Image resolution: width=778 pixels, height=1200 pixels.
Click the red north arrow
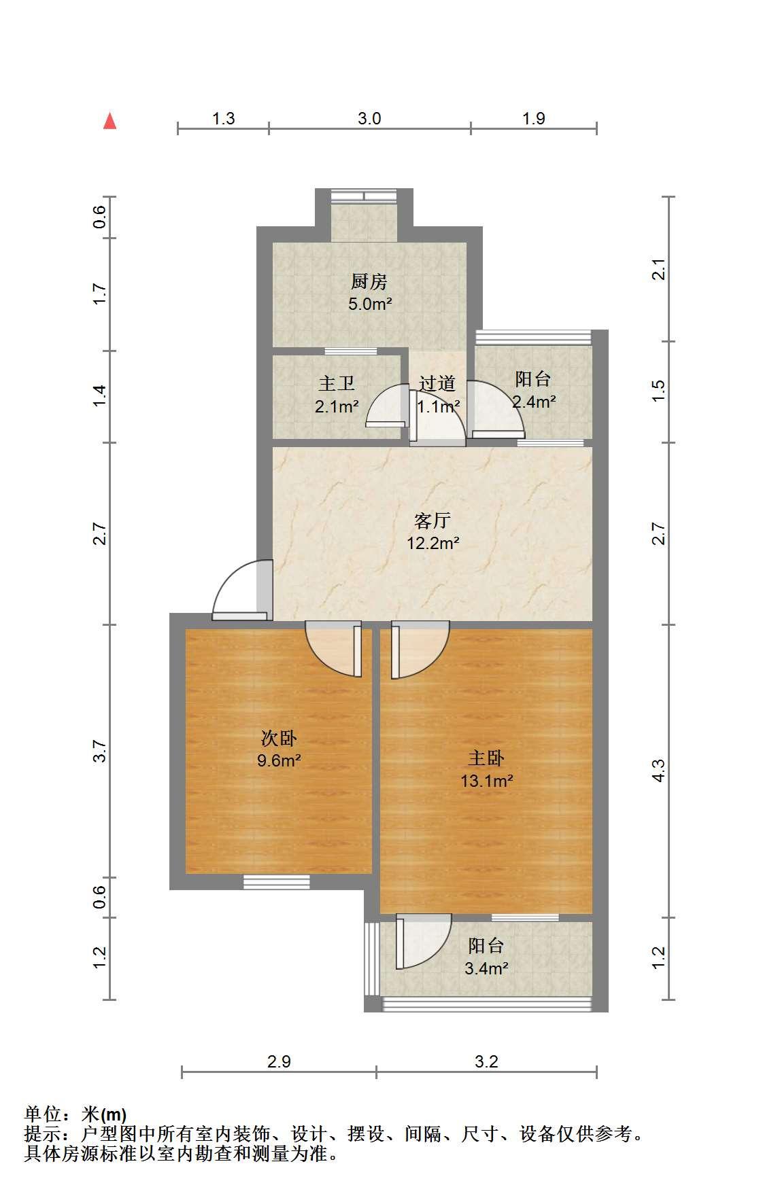pos(109,121)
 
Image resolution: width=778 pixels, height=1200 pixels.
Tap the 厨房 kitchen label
pos(369,281)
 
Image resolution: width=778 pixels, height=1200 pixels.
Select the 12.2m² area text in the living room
pos(433,544)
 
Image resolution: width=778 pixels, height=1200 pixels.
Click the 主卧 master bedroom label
pos(486,758)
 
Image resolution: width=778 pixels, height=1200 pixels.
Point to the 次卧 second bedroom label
pos(280,738)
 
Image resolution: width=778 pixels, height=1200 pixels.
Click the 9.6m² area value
pos(279,760)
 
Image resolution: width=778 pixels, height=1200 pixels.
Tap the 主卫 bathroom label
pos(337,384)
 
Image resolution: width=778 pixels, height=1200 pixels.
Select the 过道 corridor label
pos(437,384)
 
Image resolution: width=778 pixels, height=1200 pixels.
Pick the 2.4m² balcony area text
pos(534,402)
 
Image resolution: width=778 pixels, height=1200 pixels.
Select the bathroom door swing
pos(387,406)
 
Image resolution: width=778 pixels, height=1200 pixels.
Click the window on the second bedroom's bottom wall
pos(277,882)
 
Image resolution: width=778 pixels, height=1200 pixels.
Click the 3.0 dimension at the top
pos(369,119)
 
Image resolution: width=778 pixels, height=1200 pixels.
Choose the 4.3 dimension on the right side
pos(658,771)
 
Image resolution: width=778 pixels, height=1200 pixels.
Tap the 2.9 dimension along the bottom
pos(279,1061)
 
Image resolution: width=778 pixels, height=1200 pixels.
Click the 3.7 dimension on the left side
pos(100,750)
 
